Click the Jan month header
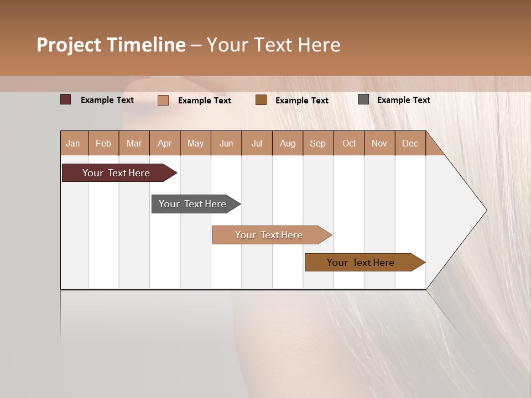(73, 143)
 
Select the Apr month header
(164, 143)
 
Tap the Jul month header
(257, 143)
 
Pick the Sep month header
(317, 143)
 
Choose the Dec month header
(410, 143)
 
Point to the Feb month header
(103, 143)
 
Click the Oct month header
(349, 143)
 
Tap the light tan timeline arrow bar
(270, 235)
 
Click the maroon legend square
(65, 99)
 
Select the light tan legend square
(163, 100)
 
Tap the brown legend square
(261, 99)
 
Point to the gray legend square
(363, 99)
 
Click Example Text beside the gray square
(403, 100)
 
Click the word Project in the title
(69, 45)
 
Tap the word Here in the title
(319, 45)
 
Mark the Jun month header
(226, 143)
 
